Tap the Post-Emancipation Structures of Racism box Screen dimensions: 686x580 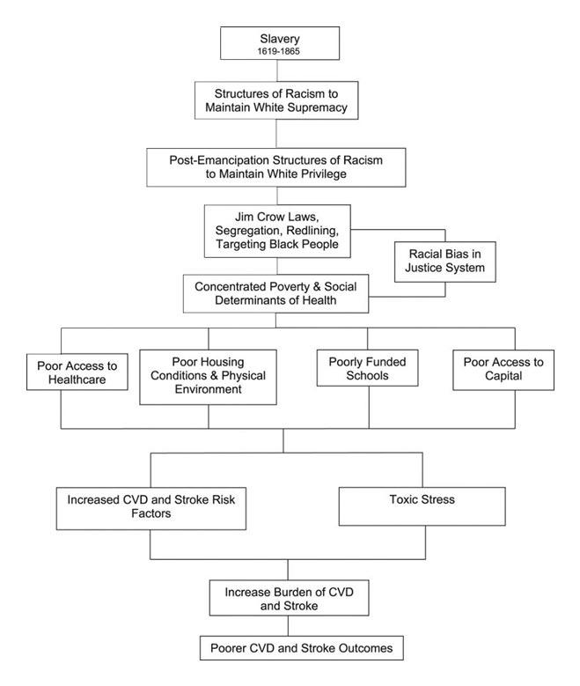(276, 166)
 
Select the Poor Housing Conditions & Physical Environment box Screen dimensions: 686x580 (208, 377)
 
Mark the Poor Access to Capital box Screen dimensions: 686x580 (503, 370)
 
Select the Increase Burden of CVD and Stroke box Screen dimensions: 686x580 (275, 597)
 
